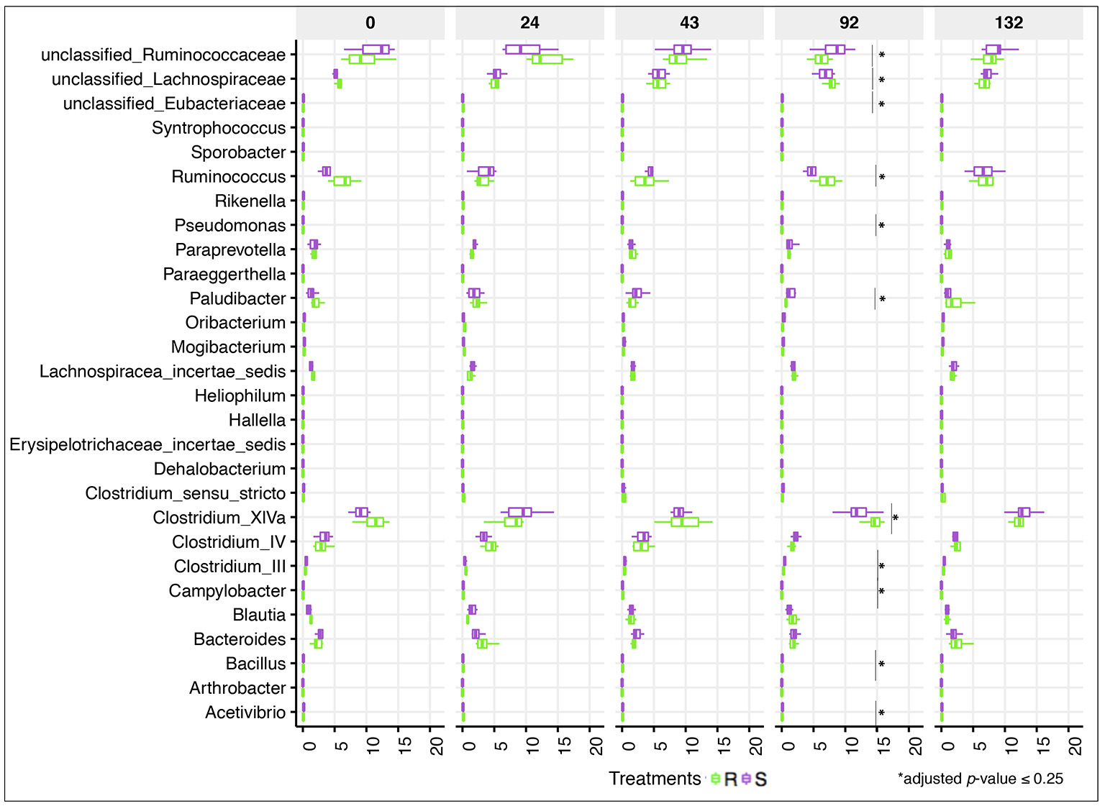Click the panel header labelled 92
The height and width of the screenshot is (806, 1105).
pos(849,23)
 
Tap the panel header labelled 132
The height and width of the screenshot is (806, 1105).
pos(1009,23)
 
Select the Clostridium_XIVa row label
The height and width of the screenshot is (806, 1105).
pos(219,518)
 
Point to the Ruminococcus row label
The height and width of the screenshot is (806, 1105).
pos(228,177)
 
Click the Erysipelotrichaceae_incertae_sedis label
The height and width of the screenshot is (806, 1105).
pos(147,444)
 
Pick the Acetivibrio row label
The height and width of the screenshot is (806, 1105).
pos(245,713)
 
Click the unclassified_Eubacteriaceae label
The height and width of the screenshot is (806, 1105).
pos(174,104)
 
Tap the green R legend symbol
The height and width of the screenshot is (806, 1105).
pos(716,779)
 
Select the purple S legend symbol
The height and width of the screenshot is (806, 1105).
pos(747,779)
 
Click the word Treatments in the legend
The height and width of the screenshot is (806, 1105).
pos(654,779)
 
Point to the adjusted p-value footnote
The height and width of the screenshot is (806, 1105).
pos(980,779)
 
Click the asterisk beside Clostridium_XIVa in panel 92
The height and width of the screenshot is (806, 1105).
pos(896,518)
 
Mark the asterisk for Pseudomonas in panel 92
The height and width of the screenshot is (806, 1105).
pos(881,226)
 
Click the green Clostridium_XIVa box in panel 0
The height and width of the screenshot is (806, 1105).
pos(375,522)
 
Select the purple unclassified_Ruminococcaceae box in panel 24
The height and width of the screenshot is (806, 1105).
pos(522,50)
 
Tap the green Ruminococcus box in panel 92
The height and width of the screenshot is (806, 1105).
pos(827,181)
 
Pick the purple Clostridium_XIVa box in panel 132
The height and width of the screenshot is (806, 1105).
pos(1024,512)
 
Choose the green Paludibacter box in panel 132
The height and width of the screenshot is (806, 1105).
pos(953,303)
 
